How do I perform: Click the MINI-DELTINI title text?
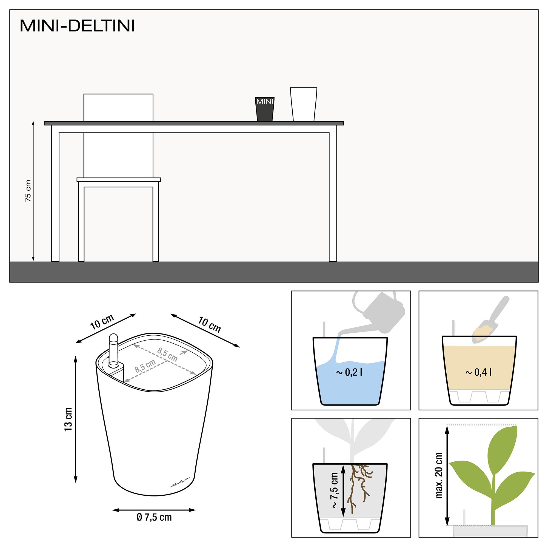coord(77,26)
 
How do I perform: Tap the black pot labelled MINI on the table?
coord(265,109)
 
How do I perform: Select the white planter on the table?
coord(304,104)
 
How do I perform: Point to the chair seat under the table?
coord(119,179)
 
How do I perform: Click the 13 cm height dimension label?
coord(68,419)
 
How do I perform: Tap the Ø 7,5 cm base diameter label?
coord(154,517)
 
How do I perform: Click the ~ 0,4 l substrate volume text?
coord(478,372)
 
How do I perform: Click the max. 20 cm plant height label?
coord(439,475)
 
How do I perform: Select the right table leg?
coord(333,196)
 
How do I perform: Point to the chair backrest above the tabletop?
coord(118,107)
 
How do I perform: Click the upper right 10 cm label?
coord(209,325)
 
